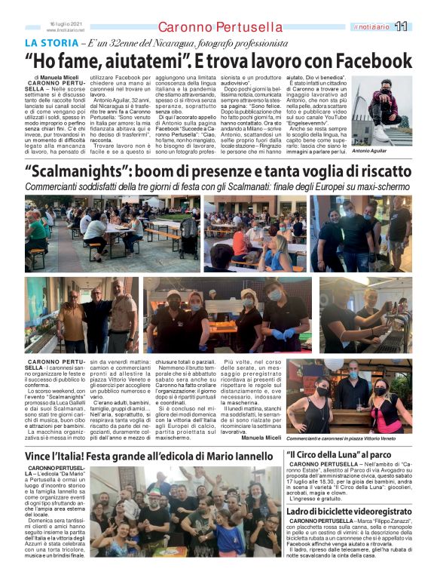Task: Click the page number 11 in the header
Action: tap(401, 26)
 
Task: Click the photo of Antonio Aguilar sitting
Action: tap(393, 110)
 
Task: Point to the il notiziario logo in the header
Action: tap(372, 26)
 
